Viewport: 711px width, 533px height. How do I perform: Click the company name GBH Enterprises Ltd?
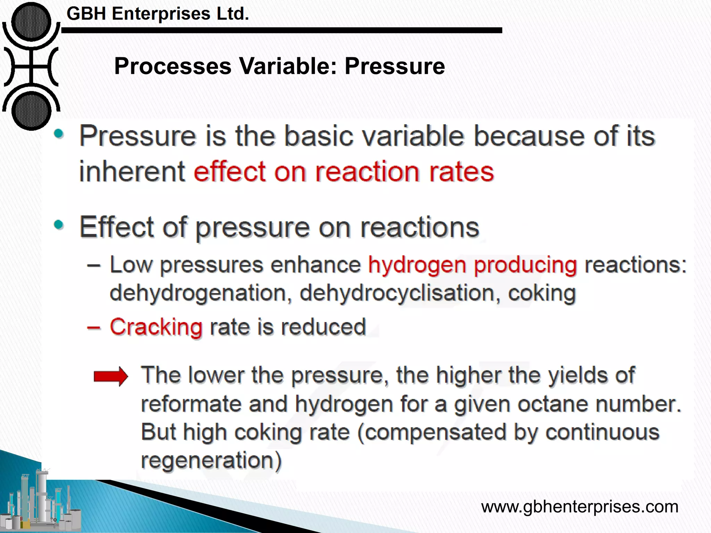[158, 14]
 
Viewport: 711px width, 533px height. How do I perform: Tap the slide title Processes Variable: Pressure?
[279, 66]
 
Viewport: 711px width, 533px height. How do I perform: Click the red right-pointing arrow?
[111, 376]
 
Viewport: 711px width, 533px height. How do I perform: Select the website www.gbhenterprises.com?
[579, 507]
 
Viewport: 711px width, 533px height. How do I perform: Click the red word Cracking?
[156, 327]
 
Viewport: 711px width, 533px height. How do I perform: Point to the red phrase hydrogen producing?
[472, 265]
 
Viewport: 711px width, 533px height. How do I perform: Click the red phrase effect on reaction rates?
[344, 172]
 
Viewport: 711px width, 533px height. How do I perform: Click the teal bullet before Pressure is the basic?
[59, 134]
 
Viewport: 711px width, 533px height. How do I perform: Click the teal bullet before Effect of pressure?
[59, 225]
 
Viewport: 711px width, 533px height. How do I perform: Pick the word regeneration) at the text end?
[211, 461]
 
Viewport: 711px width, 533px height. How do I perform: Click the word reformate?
[191, 404]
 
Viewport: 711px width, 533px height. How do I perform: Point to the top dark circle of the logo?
[31, 22]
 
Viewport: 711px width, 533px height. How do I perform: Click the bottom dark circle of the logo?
[31, 110]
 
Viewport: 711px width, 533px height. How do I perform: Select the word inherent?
[132, 172]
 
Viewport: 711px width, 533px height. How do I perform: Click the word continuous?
[602, 433]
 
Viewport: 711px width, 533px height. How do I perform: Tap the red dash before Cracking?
[94, 328]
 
